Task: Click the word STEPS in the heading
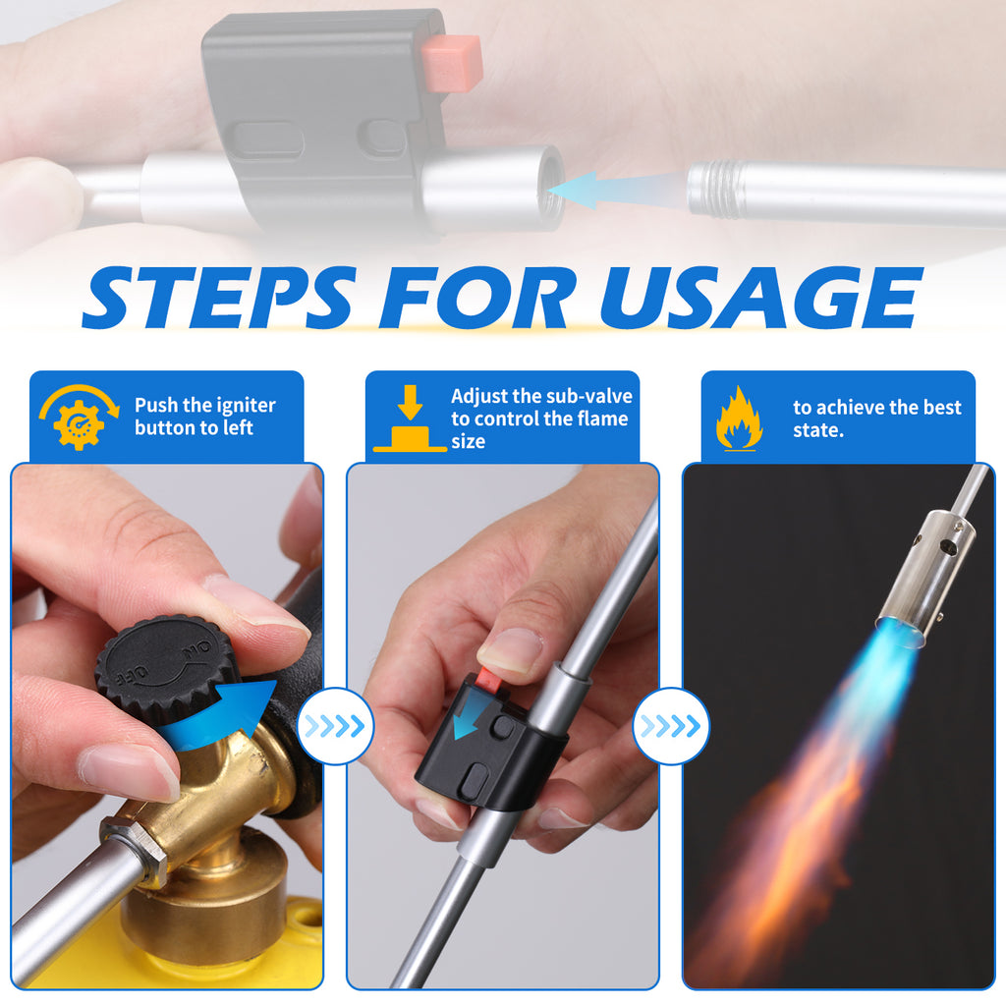[x=219, y=297]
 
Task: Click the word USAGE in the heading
[x=761, y=297]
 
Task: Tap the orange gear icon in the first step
[x=79, y=423]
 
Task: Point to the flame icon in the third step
[x=739, y=419]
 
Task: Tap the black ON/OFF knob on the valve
[x=165, y=667]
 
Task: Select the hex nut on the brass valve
[x=134, y=848]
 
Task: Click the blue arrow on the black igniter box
[x=469, y=718]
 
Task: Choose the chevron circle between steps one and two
[x=335, y=726]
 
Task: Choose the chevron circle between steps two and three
[x=671, y=726]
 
